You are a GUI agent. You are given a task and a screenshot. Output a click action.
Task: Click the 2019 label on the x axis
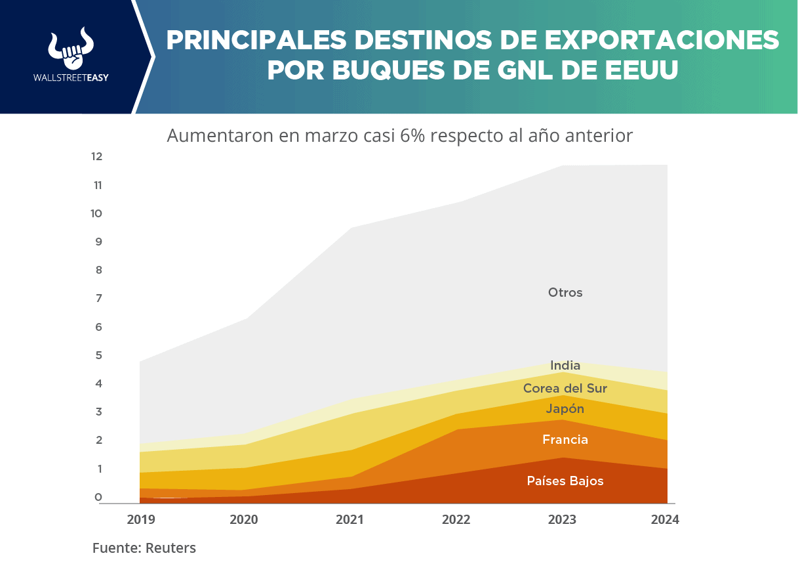pos(141,519)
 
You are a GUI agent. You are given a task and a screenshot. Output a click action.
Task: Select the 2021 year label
pos(349,519)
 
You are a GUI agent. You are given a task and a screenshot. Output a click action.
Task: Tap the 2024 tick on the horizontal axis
pos(665,519)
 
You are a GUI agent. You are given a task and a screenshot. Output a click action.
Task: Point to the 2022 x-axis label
pos(456,519)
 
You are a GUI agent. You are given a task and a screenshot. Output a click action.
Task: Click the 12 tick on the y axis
pos(97,156)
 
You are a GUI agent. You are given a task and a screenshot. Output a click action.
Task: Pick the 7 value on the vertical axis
pos(98,299)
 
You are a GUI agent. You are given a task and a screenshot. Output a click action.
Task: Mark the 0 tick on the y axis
pos(98,497)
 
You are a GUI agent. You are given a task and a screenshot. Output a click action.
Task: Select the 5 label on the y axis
pos(98,355)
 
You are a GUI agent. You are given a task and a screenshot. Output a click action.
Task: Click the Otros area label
pos(565,293)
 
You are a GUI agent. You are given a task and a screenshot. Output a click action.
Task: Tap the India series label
pos(565,365)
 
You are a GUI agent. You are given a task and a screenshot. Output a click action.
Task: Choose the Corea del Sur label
pos(565,389)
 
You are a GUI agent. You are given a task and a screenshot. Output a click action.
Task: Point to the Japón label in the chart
pos(565,409)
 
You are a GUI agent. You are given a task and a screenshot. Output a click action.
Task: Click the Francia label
pos(565,440)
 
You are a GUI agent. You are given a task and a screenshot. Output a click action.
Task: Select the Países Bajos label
pos(565,481)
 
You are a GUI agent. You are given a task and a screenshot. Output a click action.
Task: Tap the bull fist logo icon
pos(70,49)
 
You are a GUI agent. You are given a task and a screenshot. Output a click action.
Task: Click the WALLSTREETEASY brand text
pos(70,77)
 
